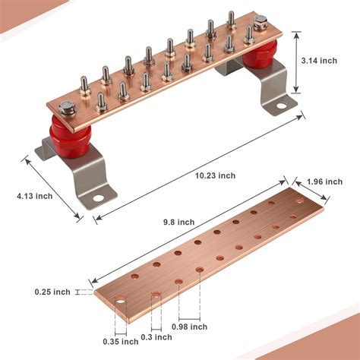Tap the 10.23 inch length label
[x=215, y=175]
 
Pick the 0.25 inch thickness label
[x=52, y=292]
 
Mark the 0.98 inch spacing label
[x=190, y=326]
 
